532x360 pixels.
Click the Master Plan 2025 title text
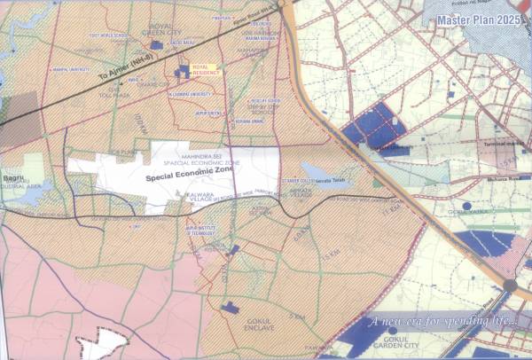tap(484, 20)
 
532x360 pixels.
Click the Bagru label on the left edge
tap(13, 153)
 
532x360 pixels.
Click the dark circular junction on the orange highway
tap(510, 286)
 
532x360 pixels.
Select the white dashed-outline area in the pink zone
tap(103, 343)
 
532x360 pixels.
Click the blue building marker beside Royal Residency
tap(184, 69)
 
